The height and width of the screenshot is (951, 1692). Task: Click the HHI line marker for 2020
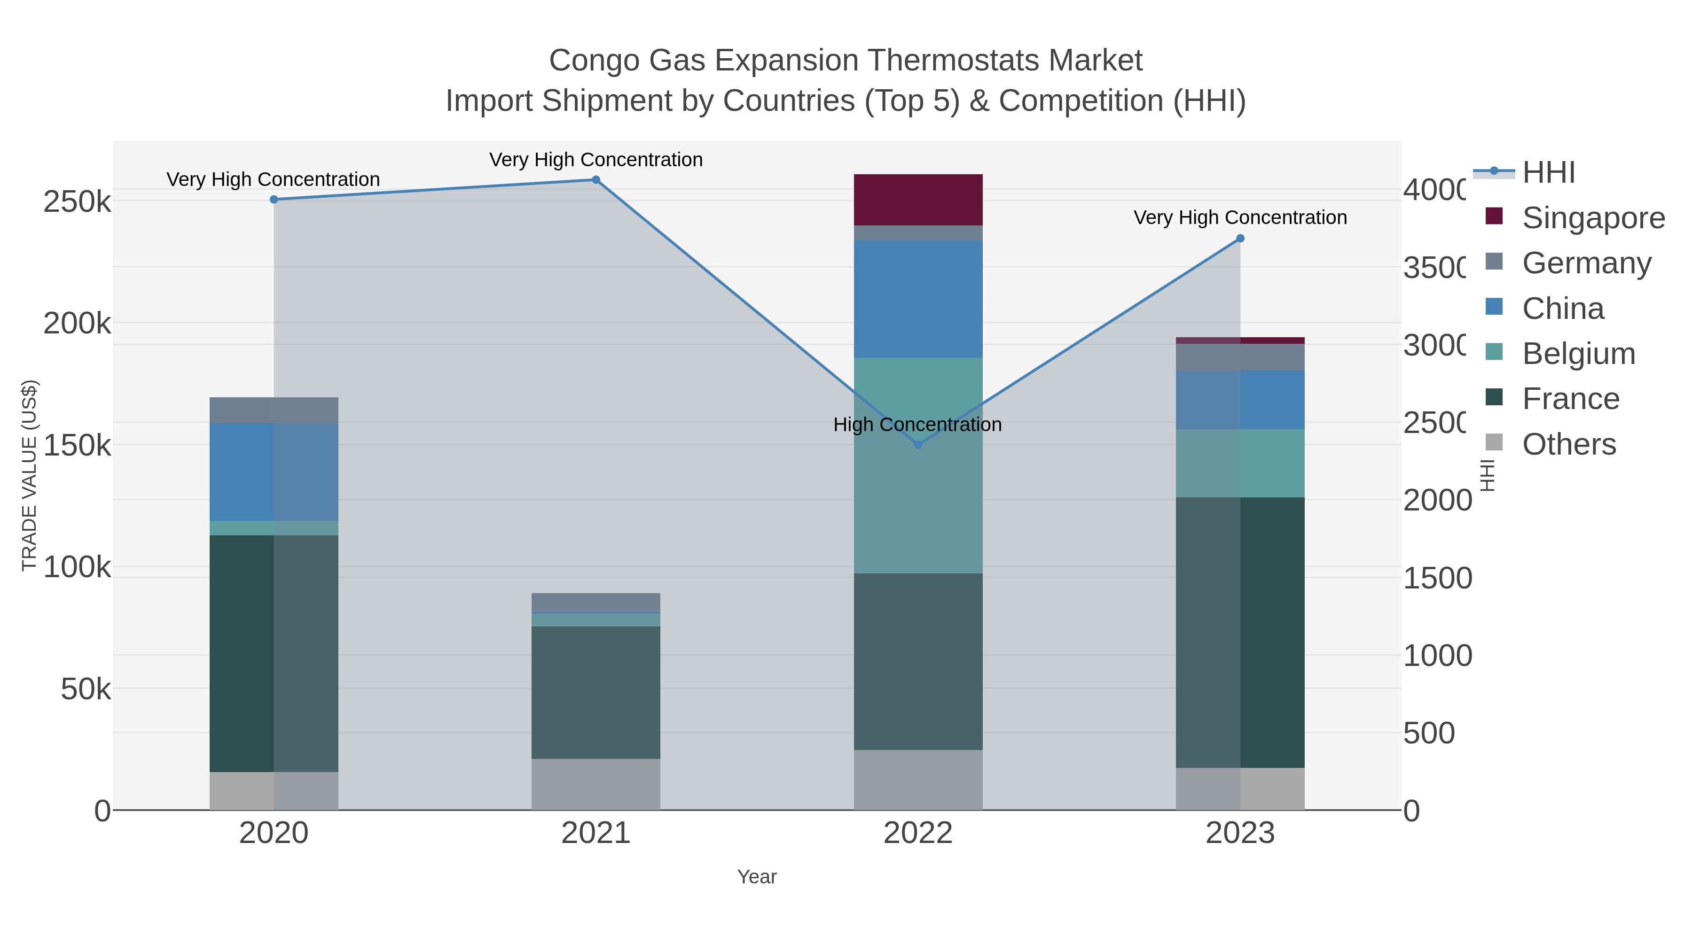pyautogui.click(x=274, y=200)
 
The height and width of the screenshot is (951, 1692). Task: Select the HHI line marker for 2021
pyautogui.click(x=596, y=180)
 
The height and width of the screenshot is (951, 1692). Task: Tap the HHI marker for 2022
pyautogui.click(x=918, y=445)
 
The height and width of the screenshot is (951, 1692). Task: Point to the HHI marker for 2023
pyautogui.click(x=1240, y=239)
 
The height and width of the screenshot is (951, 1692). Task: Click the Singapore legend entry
pyautogui.click(x=1592, y=218)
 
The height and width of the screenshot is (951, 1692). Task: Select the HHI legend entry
pyautogui.click(x=1548, y=173)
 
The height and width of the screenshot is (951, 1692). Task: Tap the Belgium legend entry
pyautogui.click(x=1578, y=354)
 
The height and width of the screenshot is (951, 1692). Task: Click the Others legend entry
pyautogui.click(x=1568, y=444)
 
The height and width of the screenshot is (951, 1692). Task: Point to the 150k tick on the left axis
pyautogui.click(x=77, y=446)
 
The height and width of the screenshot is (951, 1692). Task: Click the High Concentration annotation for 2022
pyautogui.click(x=917, y=425)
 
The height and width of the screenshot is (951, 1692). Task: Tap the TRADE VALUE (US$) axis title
pyautogui.click(x=29, y=475)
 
